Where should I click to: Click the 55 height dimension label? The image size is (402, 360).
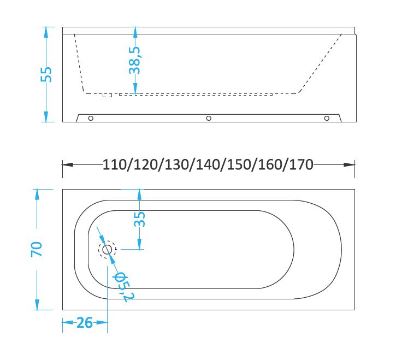coord(46,74)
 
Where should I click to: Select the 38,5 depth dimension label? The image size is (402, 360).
coord(134,61)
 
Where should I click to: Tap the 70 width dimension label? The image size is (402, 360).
coord(37,249)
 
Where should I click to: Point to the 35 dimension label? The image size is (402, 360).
coord(139,219)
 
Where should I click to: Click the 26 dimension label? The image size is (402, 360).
coord(85,322)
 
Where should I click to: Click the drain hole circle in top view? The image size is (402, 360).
coord(107,249)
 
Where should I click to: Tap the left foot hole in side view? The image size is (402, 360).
coord(91,118)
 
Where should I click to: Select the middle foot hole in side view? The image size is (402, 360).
coord(209,118)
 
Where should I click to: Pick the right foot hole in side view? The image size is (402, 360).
coord(327,118)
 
